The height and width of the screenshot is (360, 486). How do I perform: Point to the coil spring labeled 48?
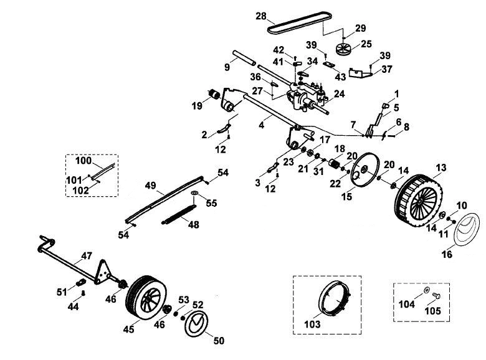click(179, 214)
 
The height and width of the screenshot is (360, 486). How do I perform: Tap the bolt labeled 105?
click(436, 296)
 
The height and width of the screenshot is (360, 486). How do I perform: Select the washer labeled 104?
click(426, 290)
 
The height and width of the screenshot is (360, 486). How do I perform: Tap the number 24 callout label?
click(340, 93)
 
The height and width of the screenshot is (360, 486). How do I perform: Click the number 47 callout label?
click(87, 255)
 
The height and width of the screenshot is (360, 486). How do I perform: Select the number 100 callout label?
click(83, 161)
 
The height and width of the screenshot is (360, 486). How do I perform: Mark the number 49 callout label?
click(151, 186)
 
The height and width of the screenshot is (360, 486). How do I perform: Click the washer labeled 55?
click(194, 193)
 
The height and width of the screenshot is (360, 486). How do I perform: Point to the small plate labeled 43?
click(329, 64)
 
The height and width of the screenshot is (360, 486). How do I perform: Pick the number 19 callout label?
click(197, 106)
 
